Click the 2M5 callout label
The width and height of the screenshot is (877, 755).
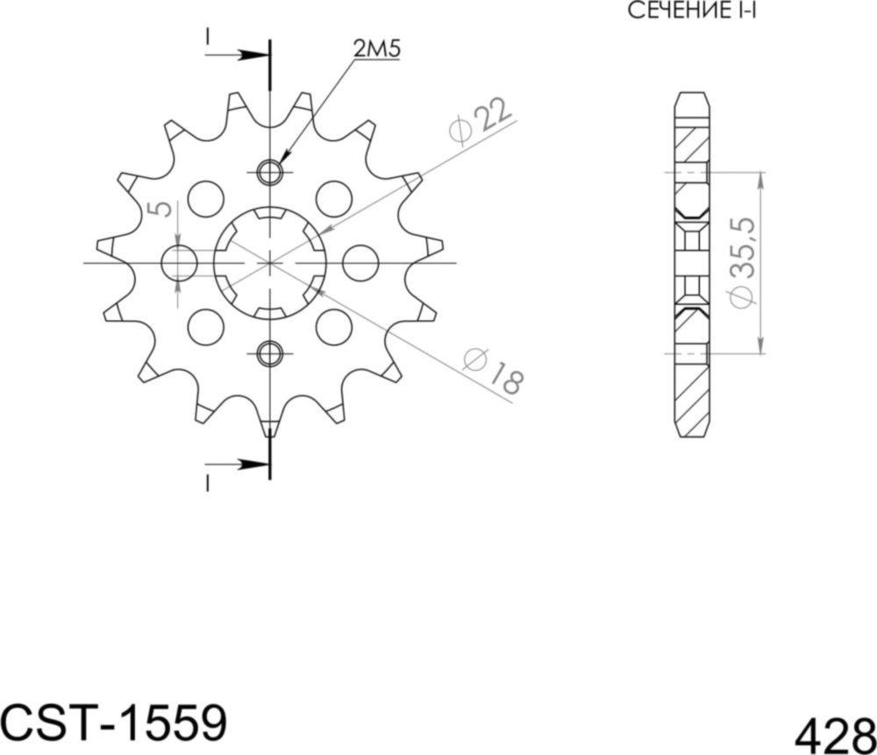coord(377,50)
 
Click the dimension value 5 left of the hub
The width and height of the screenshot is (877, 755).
coord(159,210)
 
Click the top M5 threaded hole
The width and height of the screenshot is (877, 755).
coord(271,173)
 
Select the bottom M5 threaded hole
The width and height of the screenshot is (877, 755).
coord(271,353)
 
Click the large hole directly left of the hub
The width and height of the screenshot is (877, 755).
coord(181,263)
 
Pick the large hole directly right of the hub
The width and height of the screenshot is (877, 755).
coord(360,263)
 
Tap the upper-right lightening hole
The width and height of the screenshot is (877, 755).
coord(334,199)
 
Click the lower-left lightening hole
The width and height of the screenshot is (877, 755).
coord(206,326)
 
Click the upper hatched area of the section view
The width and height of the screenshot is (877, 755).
coord(691,145)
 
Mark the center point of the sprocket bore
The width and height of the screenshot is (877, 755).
coord(271,262)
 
